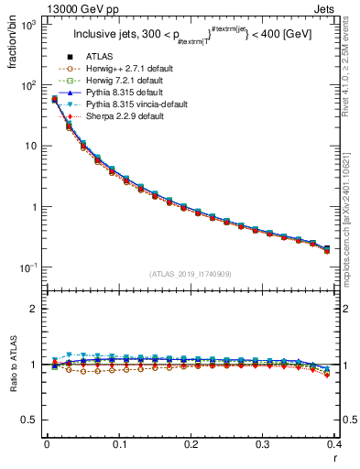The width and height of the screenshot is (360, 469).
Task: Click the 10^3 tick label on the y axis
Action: [28, 25]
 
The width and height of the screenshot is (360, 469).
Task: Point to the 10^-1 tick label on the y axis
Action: [28, 267]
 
